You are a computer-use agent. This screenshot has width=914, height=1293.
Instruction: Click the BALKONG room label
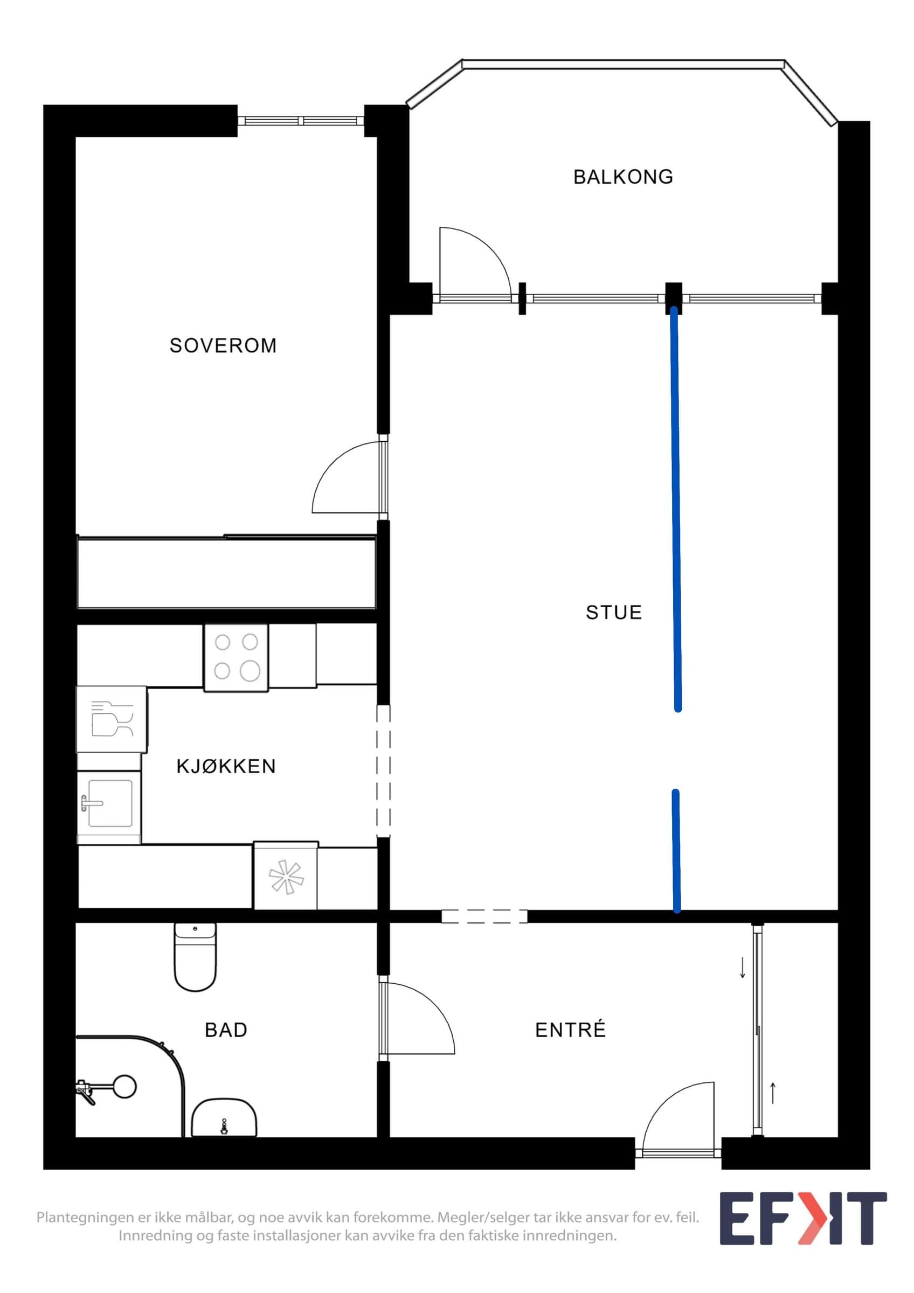tap(623, 177)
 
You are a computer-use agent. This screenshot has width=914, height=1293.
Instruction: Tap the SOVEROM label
tap(223, 345)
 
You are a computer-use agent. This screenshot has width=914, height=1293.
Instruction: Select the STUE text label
tap(614, 612)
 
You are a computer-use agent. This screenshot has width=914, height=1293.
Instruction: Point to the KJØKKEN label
tap(226, 767)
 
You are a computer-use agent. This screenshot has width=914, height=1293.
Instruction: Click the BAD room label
tap(226, 1030)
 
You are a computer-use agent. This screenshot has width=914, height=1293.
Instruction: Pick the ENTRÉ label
tap(570, 1030)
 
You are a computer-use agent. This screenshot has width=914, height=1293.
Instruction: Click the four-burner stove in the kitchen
tap(236, 657)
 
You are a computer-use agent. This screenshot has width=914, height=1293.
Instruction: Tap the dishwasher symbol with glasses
tap(112, 719)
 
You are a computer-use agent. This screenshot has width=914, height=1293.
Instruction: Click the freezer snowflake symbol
tap(286, 877)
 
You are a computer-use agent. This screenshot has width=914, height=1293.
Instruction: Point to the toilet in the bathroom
tap(195, 957)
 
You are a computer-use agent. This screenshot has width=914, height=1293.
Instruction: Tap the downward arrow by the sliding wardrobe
tap(742, 967)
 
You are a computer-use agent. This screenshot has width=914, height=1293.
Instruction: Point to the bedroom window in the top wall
tap(301, 121)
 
